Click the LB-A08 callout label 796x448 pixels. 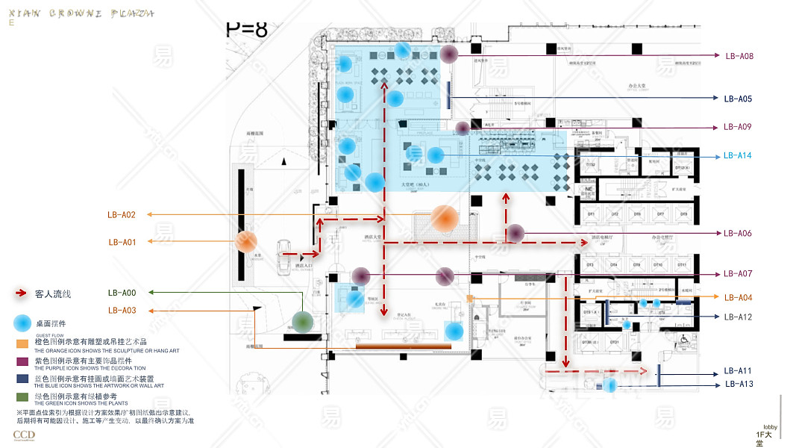point(739,56)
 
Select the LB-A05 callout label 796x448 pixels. point(738,99)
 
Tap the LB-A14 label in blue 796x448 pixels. point(738,156)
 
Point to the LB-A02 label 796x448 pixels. point(122,215)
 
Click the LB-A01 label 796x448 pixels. point(122,242)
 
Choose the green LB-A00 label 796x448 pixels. point(122,293)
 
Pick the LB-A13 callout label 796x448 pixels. point(739,385)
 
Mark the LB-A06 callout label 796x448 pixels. point(738,234)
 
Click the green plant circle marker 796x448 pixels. point(302,322)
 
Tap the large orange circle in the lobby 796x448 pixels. point(445,218)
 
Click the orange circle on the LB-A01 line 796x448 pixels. point(246,242)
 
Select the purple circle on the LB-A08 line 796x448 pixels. point(448,54)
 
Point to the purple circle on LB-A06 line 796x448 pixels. point(515,233)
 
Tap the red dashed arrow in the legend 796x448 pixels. point(22,294)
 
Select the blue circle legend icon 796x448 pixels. point(22,324)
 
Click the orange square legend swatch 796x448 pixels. point(22,344)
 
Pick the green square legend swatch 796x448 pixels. point(22,396)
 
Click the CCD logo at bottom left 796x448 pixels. point(24,435)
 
